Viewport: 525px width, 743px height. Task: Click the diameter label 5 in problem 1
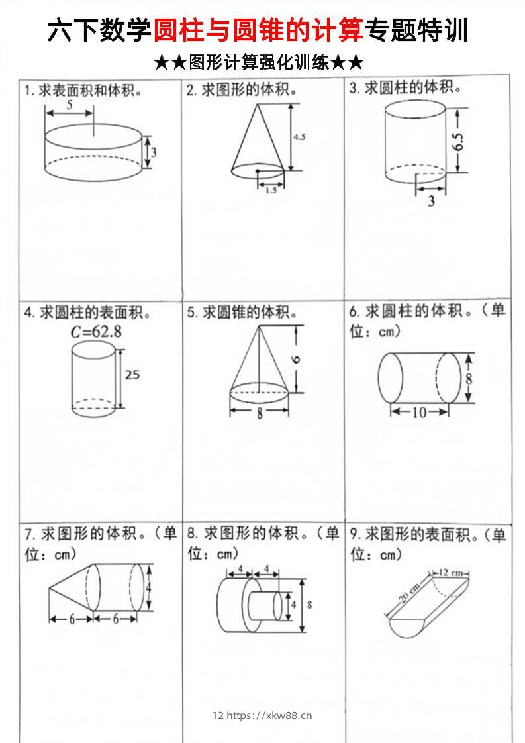coord(70,105)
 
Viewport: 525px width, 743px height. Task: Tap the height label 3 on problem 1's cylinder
coord(153,152)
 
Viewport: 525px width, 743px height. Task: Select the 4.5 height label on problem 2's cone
coord(299,138)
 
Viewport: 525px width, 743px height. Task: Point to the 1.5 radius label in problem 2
coord(271,191)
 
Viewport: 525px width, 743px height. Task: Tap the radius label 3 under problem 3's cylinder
coord(431,201)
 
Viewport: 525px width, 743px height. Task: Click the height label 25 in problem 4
coord(132,375)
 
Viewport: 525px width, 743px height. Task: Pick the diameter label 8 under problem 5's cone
coord(260,413)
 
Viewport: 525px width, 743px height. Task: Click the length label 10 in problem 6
coord(420,413)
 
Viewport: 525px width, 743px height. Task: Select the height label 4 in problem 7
coord(149,587)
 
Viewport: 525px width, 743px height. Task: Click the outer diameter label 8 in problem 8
coord(310,604)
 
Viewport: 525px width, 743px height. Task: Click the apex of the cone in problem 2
coord(256,104)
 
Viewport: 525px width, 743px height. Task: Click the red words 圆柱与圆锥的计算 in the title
coord(258,30)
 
